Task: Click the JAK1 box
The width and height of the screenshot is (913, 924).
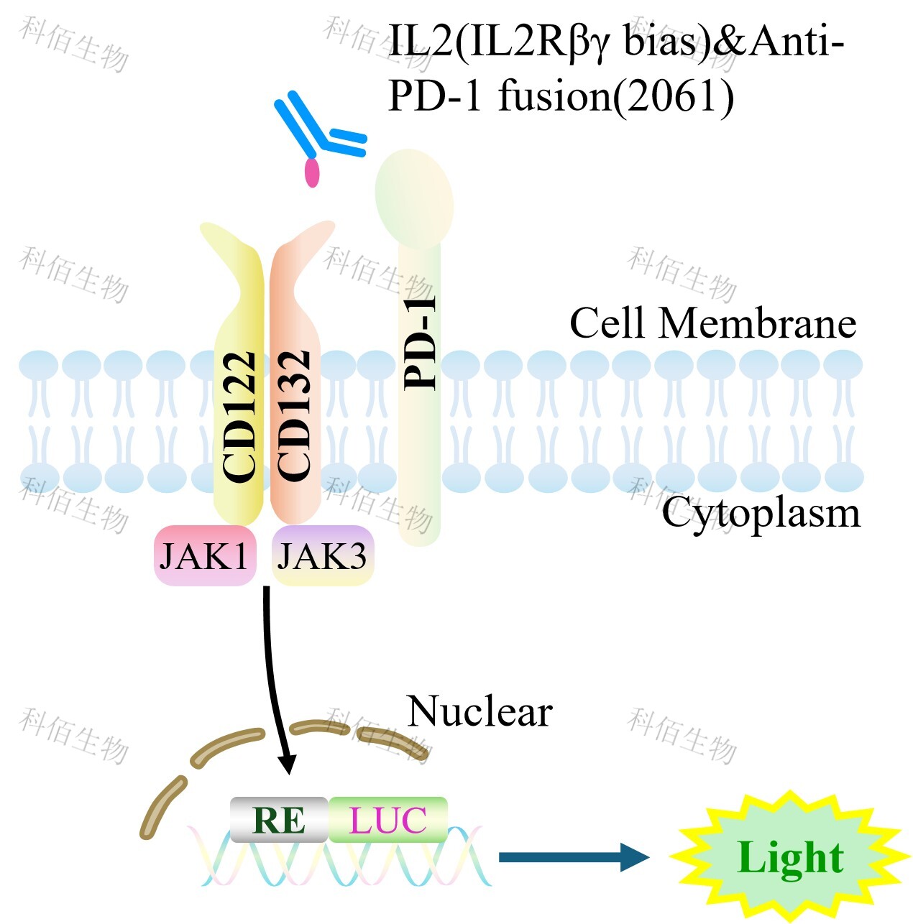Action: pos(205,556)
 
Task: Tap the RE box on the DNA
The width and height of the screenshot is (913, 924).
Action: pos(279,820)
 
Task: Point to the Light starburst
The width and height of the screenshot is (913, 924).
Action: pos(789,857)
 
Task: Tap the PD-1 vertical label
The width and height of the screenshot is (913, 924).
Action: pos(421,343)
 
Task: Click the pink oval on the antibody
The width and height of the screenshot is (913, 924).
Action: pos(312,172)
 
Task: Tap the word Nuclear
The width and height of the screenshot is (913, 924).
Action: pos(480,711)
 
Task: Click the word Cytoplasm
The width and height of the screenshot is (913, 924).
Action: pos(761,514)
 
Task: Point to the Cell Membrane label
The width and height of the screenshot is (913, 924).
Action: pos(712,323)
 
